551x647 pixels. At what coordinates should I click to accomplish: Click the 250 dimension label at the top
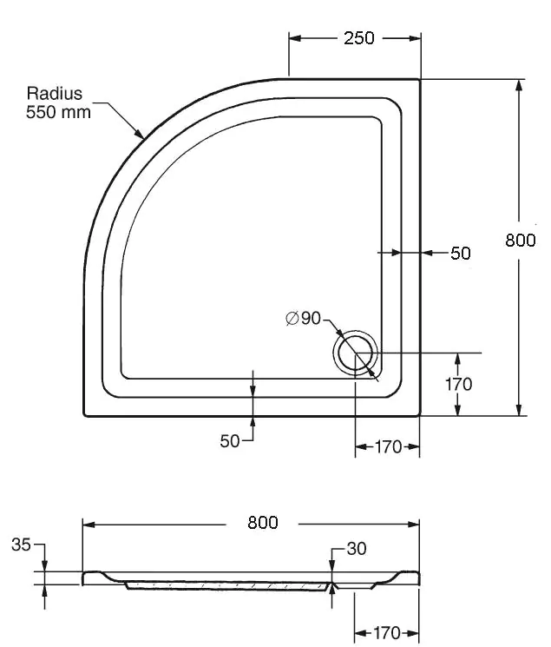359,38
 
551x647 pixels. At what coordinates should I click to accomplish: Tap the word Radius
55,93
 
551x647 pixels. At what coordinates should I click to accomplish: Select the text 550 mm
58,112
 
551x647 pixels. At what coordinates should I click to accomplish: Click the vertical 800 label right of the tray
521,240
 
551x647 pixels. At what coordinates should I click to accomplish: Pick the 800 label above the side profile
263,523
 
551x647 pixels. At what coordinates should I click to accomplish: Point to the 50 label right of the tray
460,253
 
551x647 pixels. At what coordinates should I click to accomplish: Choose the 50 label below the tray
230,441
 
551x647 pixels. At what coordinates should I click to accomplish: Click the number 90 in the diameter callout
311,318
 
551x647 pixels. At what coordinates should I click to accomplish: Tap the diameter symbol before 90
292,318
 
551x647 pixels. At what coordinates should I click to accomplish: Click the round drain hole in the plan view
355,353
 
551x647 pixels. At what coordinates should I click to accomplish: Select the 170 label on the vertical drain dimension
459,384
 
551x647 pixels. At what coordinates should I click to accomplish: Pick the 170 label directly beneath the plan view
388,447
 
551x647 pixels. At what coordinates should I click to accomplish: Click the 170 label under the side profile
387,633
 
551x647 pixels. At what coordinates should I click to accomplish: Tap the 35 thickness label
21,545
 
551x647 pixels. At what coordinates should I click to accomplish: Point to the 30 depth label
357,548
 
